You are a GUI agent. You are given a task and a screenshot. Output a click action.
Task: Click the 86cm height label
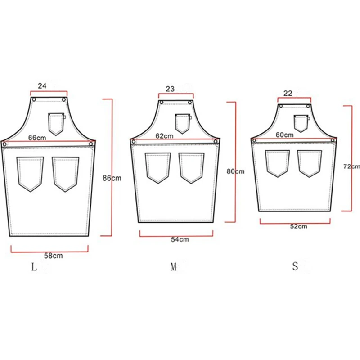tap(112, 178)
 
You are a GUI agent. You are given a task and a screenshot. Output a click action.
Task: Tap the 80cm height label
tap(235, 171)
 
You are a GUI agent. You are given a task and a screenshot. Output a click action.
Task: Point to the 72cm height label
tap(351, 166)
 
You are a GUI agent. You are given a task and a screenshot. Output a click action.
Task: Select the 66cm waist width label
tap(37, 138)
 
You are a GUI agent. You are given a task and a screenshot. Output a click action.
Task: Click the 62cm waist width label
tap(164, 136)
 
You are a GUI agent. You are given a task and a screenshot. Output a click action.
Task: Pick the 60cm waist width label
tap(284, 135)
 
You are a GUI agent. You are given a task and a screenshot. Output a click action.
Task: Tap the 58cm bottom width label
tap(53, 256)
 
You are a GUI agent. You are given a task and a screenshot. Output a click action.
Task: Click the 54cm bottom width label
tap(180, 239)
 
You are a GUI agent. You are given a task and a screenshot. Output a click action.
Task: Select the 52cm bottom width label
tap(298, 226)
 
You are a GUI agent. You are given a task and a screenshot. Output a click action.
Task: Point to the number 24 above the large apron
tap(42, 86)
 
